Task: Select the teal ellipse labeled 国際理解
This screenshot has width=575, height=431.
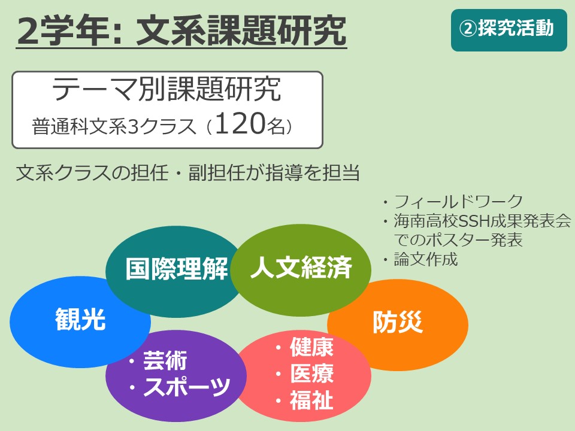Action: coord(172,271)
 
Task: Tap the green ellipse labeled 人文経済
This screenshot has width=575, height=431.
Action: coord(301,270)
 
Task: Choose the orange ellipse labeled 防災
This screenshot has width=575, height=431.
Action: coord(398,324)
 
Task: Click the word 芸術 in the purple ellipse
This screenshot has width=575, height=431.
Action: coord(165,360)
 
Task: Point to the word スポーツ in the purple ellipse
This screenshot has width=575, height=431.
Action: coord(187,386)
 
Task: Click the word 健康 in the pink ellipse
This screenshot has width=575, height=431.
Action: coord(311,347)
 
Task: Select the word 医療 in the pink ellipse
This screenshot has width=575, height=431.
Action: coord(311,373)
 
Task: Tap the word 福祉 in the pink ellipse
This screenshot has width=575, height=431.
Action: coord(311,399)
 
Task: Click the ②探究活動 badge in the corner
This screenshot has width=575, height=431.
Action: coord(509,30)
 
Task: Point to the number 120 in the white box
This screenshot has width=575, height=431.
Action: coord(240,123)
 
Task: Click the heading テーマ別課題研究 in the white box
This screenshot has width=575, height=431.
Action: coord(166,89)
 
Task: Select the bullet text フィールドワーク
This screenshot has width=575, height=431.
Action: coord(458,202)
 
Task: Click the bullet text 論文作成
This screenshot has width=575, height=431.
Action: coord(426,259)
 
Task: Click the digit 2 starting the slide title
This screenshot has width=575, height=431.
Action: coord(28,31)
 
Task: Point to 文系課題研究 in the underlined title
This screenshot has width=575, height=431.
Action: coord(241,31)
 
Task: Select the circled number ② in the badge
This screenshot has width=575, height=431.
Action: coord(468,29)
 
